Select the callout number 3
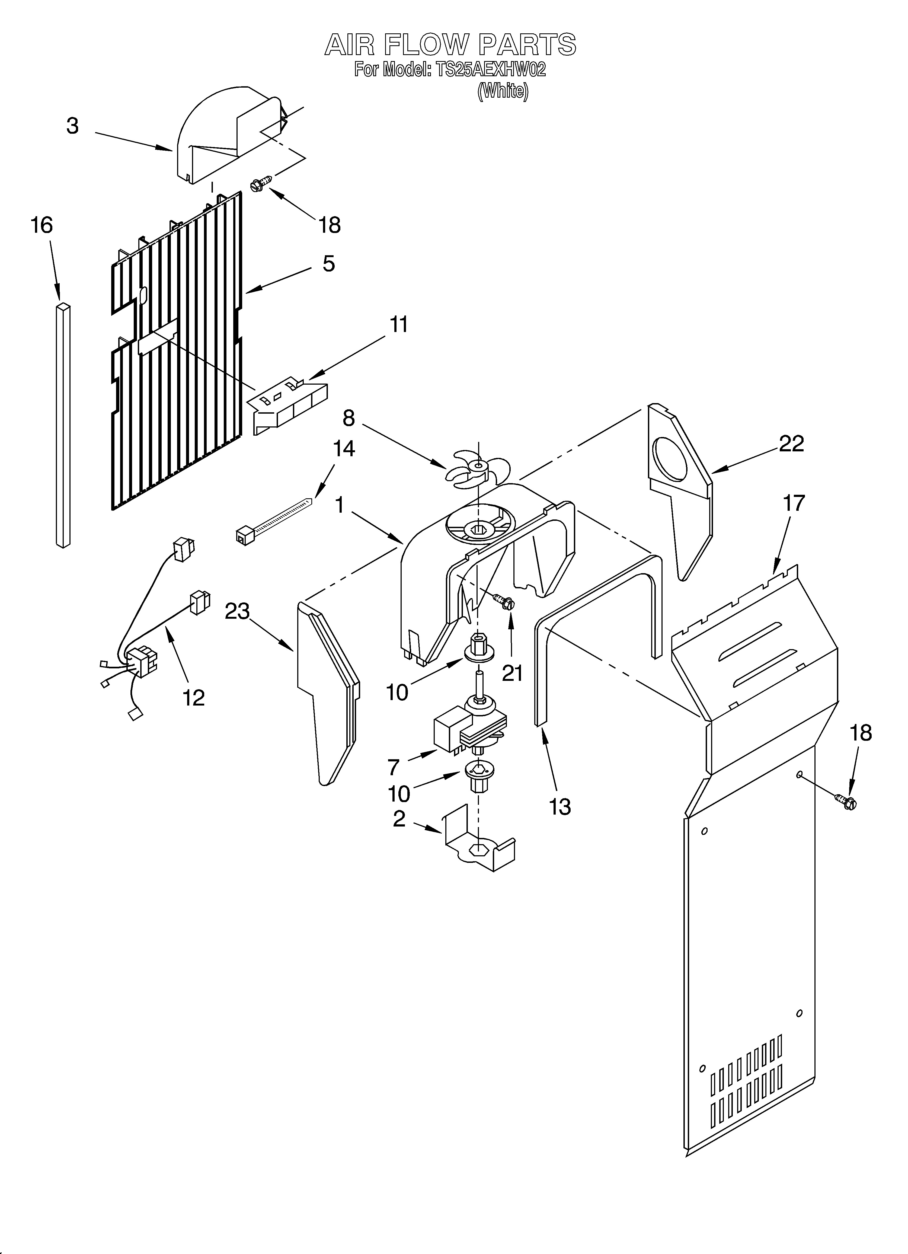(72, 126)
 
